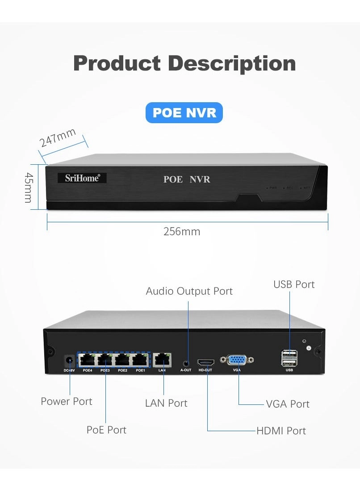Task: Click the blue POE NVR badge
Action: pos(184,112)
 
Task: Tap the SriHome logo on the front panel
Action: pos(82,178)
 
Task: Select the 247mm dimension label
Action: pos(58,137)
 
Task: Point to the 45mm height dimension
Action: pos(28,187)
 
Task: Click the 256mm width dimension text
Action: pos(182,232)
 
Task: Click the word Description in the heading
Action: pos(232,63)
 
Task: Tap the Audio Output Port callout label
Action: pos(189,291)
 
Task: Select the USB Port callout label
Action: pos(294,284)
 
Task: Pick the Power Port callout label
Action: pos(67,401)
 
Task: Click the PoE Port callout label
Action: pos(106,430)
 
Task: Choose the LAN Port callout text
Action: pos(166,403)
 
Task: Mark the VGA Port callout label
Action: pos(288,404)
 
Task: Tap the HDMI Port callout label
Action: pos(281,431)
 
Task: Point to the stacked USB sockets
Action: pos(289,358)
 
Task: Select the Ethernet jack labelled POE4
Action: pos(87,359)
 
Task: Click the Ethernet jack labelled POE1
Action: pos(140,359)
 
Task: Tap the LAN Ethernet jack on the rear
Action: pos(162,359)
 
